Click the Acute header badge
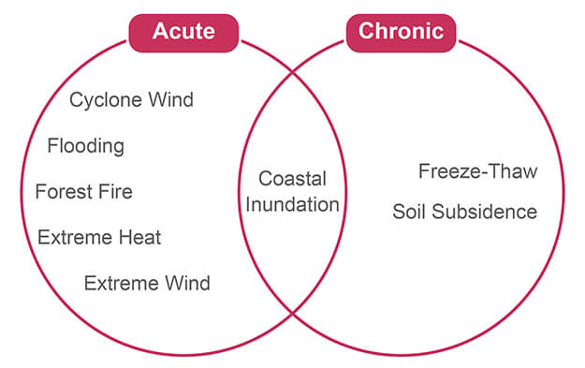coord(183,33)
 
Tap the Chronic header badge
coord(401,33)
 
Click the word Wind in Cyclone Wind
coord(171,99)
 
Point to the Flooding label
coord(86,146)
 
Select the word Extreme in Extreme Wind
coord(122,284)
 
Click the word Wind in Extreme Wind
coord(187,284)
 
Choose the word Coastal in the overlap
coord(292,179)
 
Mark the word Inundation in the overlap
coord(292,204)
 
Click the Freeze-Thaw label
coord(478,171)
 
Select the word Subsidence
coord(485,212)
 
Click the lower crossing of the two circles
coord(293,314)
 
